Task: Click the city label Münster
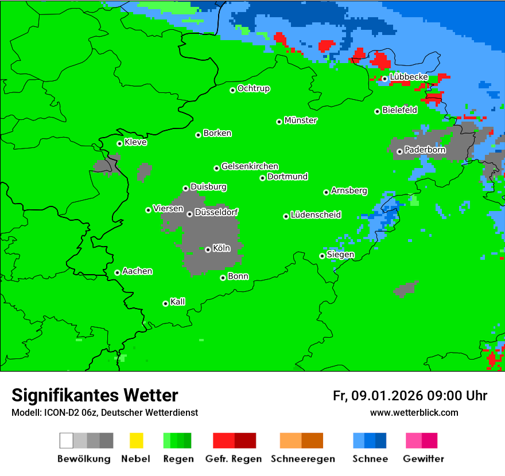click(301, 120)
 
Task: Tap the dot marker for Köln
click(208, 249)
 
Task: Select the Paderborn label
click(425, 150)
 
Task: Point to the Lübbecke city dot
click(384, 79)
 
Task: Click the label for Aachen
click(137, 271)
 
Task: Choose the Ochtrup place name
click(254, 89)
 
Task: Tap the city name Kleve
click(135, 142)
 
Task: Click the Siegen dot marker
click(322, 256)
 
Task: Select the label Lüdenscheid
click(316, 215)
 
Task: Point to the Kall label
click(178, 302)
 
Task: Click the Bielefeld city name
click(400, 110)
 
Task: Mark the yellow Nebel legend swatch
click(136, 440)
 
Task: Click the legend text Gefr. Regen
click(234, 459)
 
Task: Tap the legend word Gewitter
click(424, 459)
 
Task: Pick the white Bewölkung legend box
click(67, 440)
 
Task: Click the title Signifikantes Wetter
click(95, 395)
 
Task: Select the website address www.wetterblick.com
click(414, 412)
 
